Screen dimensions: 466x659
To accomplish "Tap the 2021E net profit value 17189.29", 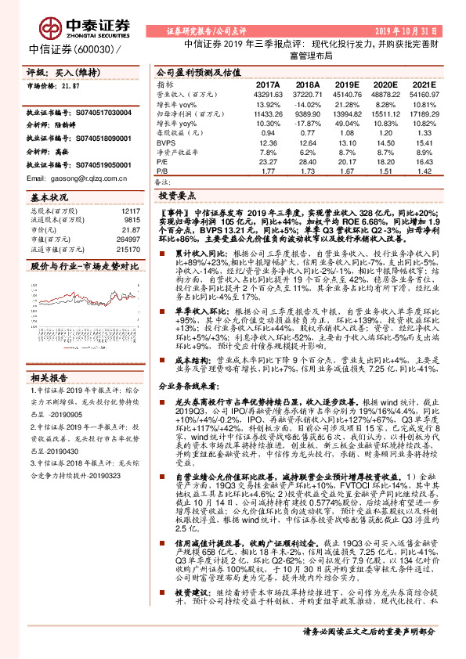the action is point(421,114).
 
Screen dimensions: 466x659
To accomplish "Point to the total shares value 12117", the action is point(129,211).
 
